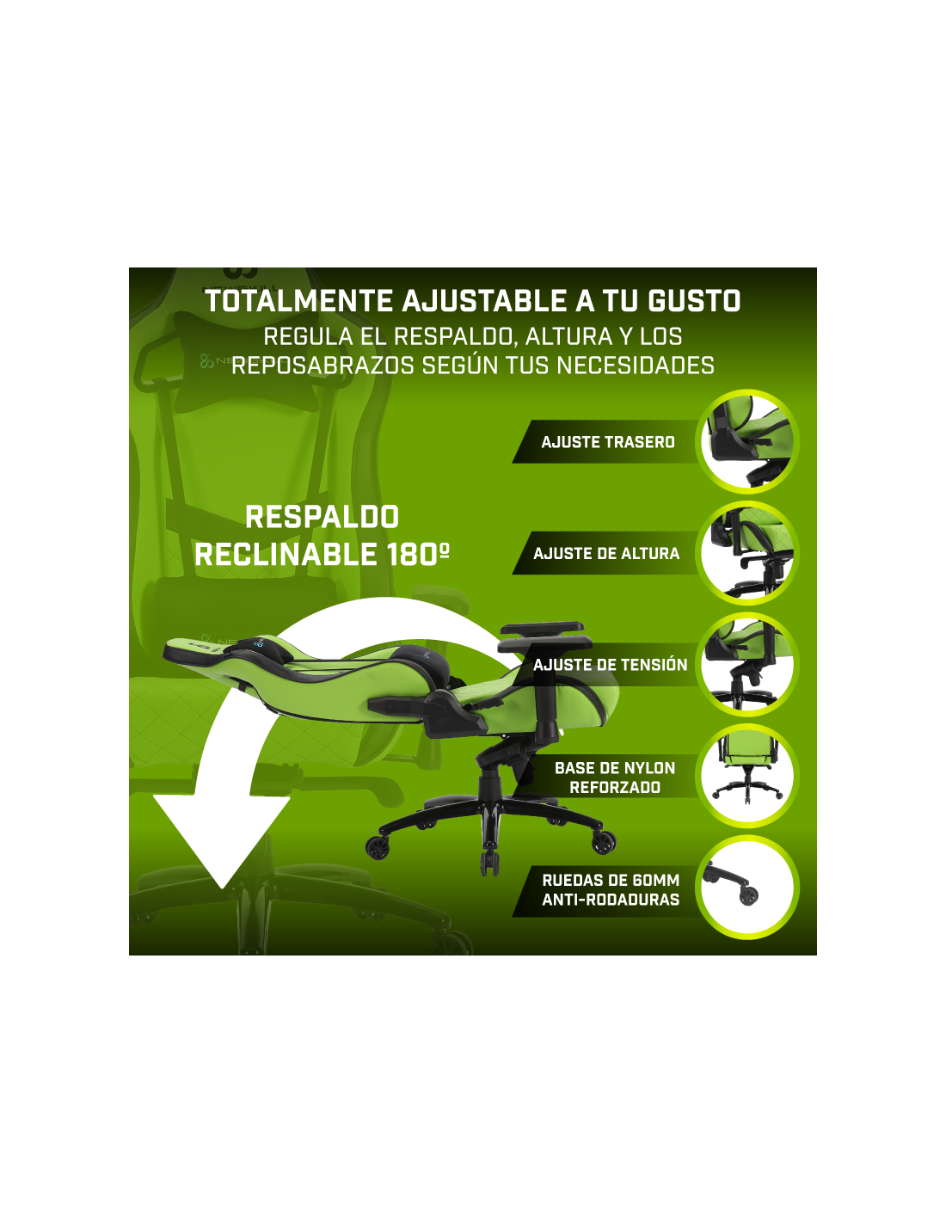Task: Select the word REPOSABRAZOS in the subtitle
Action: point(322,366)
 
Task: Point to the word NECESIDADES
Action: point(636,366)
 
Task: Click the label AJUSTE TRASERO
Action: point(608,442)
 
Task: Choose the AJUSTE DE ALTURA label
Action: point(606,553)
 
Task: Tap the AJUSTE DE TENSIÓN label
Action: point(610,665)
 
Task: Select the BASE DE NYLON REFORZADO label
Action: point(615,777)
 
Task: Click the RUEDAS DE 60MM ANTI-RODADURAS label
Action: point(611,889)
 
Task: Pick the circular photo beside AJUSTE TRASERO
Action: point(746,442)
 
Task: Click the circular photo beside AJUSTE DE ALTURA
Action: point(746,553)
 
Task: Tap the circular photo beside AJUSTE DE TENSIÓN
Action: point(746,665)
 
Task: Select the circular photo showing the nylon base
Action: point(746,776)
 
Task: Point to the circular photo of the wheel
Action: point(746,888)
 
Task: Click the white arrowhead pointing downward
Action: point(222,833)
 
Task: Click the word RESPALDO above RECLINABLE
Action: point(322,517)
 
